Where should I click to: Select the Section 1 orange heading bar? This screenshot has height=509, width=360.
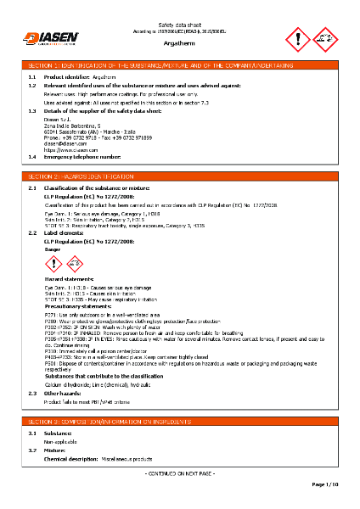coord(179,65)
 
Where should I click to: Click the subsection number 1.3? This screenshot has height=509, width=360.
coord(31,111)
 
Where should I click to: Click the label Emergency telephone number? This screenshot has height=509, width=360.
coord(83,157)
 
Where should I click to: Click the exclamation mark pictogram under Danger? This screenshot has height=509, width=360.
coord(53,265)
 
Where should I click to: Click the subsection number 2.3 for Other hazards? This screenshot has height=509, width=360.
coord(31,394)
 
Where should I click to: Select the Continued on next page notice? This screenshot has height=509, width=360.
coord(179,472)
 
